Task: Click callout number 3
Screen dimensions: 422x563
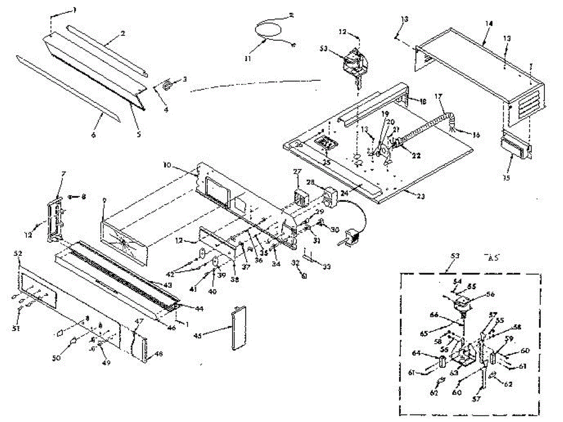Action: pos(185,79)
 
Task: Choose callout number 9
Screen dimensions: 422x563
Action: pos(104,204)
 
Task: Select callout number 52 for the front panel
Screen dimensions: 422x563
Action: pos(19,254)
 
